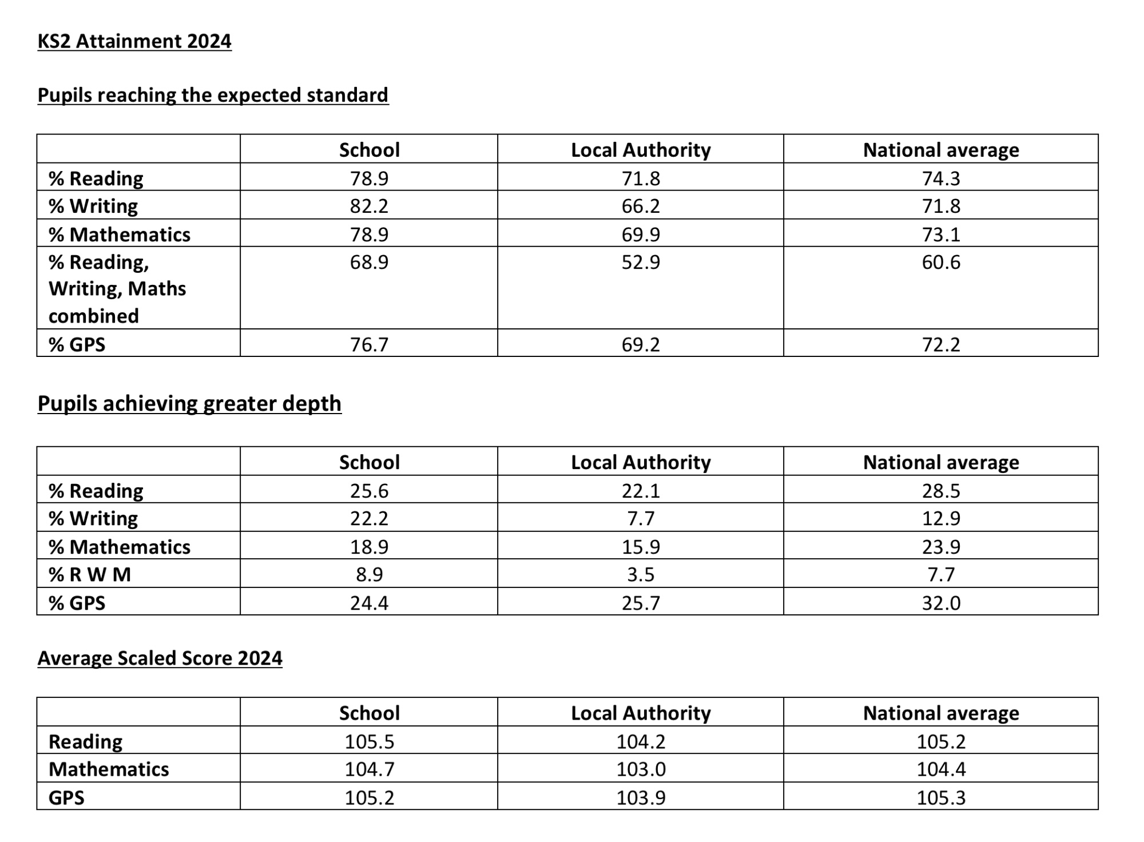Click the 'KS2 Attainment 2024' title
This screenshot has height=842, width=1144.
tap(134, 42)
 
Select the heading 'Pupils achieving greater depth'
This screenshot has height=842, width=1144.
tap(189, 404)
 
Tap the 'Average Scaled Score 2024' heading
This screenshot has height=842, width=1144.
tap(160, 658)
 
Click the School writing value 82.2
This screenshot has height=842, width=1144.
tap(369, 206)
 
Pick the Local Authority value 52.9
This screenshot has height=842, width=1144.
tap(641, 262)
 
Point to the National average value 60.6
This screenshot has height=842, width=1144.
tap(941, 262)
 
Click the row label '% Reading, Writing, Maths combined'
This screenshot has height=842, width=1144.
tap(117, 289)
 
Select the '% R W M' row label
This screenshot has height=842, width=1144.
tap(90, 574)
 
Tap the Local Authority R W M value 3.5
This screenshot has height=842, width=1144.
tap(641, 574)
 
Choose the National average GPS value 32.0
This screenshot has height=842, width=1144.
tap(941, 603)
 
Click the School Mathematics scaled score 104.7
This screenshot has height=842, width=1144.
tap(369, 769)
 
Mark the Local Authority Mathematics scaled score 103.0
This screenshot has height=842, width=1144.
tap(641, 769)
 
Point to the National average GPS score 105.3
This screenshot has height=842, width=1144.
tap(941, 798)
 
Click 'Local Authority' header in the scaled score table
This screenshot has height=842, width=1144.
tap(641, 713)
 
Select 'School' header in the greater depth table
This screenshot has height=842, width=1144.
tap(369, 462)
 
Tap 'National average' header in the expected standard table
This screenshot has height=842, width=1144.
tap(941, 150)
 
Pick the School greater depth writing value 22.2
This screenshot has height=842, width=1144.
tap(369, 518)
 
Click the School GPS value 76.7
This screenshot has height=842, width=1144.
tap(369, 344)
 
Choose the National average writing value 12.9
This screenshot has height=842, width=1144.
tap(941, 518)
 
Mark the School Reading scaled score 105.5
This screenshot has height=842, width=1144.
tap(369, 742)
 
